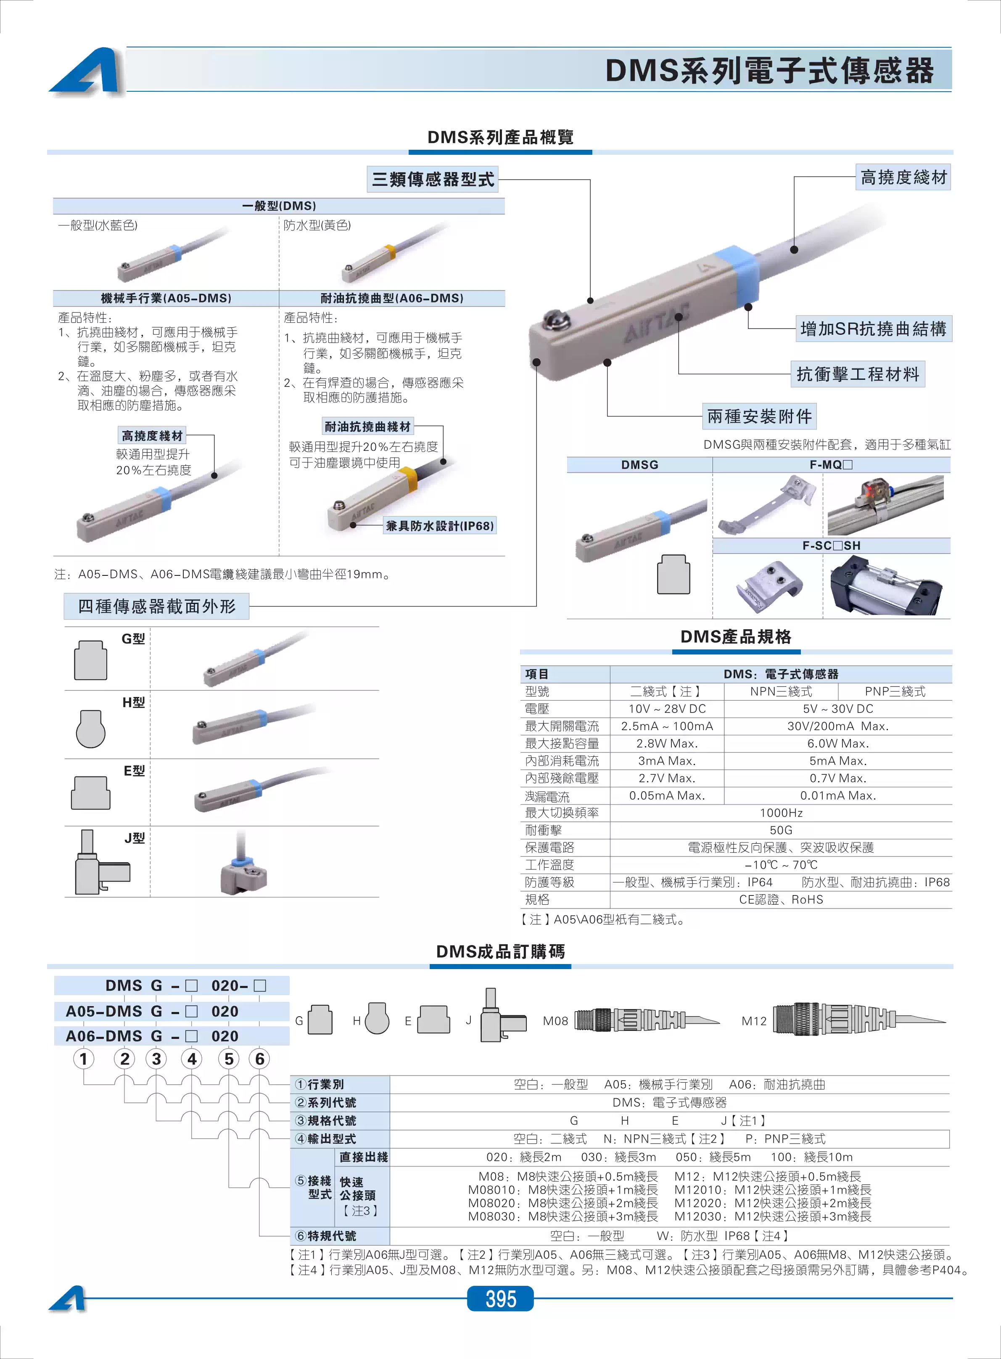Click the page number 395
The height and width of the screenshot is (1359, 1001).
pyautogui.click(x=500, y=1298)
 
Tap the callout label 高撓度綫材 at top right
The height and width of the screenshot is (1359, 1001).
pyautogui.click(x=903, y=177)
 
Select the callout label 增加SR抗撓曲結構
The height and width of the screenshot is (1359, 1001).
pyautogui.click(x=873, y=329)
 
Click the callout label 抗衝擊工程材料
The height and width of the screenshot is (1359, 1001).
pyautogui.click(x=857, y=374)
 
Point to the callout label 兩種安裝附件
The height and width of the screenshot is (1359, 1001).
pyautogui.click(x=759, y=416)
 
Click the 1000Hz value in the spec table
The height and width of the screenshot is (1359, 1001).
pyautogui.click(x=781, y=813)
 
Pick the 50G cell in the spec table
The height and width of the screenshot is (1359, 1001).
pyautogui.click(x=781, y=830)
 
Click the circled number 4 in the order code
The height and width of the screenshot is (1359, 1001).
pyautogui.click(x=192, y=1059)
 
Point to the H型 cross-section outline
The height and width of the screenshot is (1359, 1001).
pyautogui.click(x=91, y=729)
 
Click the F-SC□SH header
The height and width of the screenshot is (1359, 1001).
pyautogui.click(x=831, y=546)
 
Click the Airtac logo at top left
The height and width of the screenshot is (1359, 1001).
pyautogui.click(x=87, y=71)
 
